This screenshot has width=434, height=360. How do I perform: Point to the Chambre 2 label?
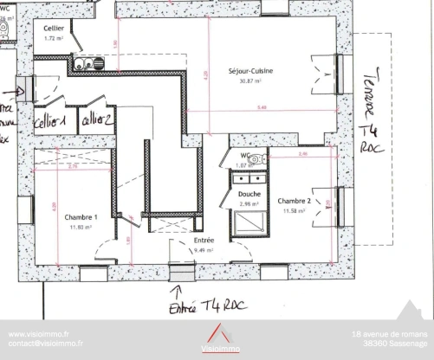tap(295, 200)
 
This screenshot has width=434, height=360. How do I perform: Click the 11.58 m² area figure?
tap(293, 209)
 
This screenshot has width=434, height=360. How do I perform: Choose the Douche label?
tap(250, 195)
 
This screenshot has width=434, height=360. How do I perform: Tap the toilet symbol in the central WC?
tap(263, 157)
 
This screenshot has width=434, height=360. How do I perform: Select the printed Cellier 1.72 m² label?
tap(55, 34)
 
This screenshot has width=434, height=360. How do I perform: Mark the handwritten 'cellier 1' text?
tap(51, 123)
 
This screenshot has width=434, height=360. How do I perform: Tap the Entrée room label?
tap(204, 241)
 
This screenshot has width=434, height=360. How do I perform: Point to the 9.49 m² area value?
tap(204, 250)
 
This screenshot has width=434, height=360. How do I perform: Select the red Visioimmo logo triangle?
tap(217, 333)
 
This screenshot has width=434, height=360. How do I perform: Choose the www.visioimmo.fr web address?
tap(38, 333)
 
